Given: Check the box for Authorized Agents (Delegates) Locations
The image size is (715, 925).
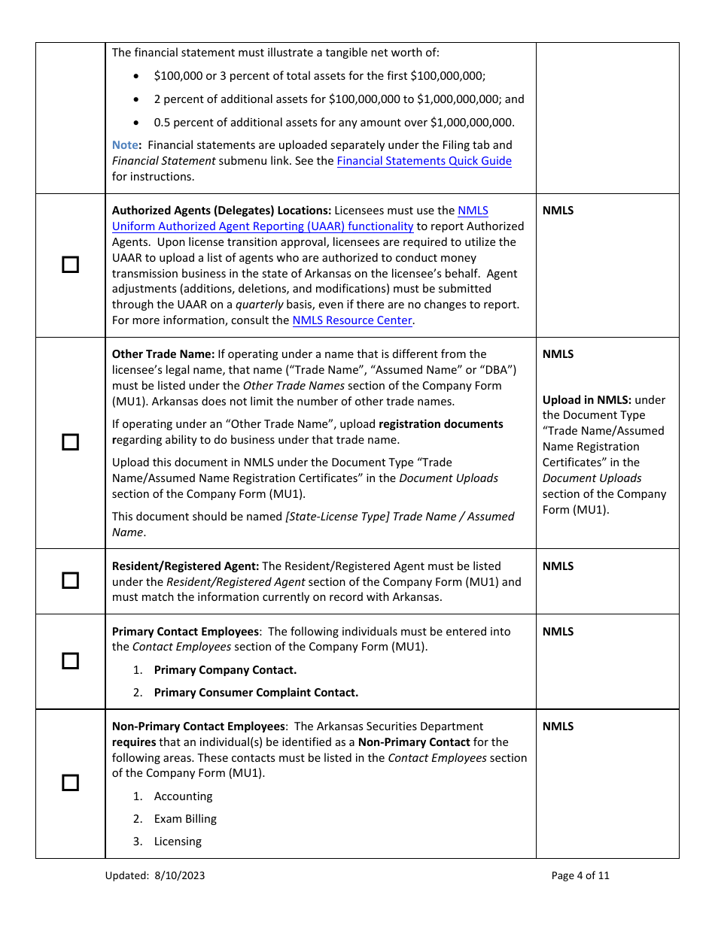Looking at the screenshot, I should [70, 265].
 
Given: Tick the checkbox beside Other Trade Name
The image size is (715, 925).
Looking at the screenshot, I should [70, 442].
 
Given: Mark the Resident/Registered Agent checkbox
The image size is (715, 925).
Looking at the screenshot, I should [70, 581].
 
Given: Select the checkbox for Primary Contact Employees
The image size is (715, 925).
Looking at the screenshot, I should [70, 661].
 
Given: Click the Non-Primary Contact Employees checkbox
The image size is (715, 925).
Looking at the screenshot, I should [70, 783].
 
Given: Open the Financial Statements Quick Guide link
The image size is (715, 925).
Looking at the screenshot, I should [424, 161].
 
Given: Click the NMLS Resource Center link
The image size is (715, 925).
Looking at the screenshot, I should [352, 320].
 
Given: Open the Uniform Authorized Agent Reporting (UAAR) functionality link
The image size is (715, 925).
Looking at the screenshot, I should [263, 226].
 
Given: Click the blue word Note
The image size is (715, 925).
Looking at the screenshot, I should [125, 144].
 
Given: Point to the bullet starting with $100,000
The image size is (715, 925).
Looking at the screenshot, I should [319, 76].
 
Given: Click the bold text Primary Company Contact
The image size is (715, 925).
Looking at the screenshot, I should [225, 670].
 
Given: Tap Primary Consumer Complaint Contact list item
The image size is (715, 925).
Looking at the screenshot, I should [256, 693].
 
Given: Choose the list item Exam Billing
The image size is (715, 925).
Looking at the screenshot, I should [185, 819].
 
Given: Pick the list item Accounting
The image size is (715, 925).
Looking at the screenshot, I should [183, 796].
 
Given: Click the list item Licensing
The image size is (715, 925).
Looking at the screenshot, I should [178, 842].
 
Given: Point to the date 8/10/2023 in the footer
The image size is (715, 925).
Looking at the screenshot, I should [181, 875].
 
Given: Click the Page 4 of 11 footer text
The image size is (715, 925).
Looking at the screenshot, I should [580, 875].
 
